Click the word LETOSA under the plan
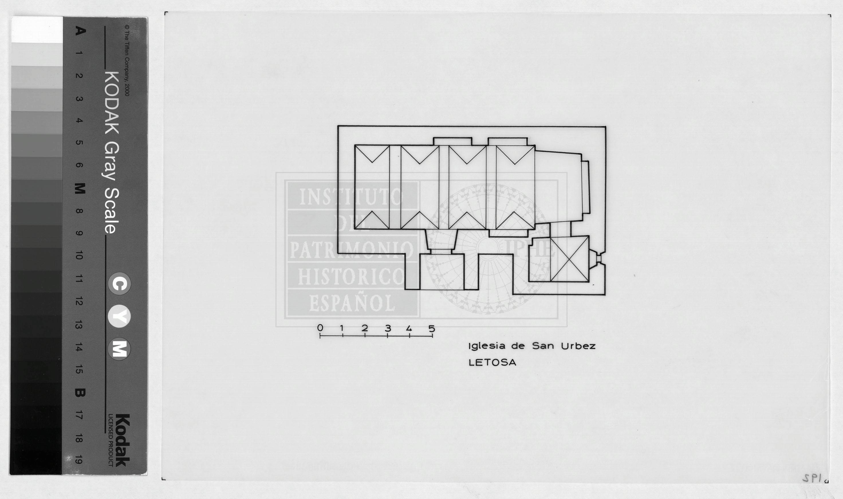pos(492,363)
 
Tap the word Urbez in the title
pos(578,346)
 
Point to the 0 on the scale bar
pos(320,328)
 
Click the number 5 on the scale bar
pos(432,328)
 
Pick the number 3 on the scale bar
pos(388,328)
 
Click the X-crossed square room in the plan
pos(570,259)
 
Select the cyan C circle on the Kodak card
pos(119,284)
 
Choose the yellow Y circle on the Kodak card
pos(119,317)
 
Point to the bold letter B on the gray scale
pos(79,393)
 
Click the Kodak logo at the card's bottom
pos(123,440)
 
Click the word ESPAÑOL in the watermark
pos(352,303)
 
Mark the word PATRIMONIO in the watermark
pos(351,250)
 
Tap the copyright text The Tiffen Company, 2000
pos(127,61)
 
